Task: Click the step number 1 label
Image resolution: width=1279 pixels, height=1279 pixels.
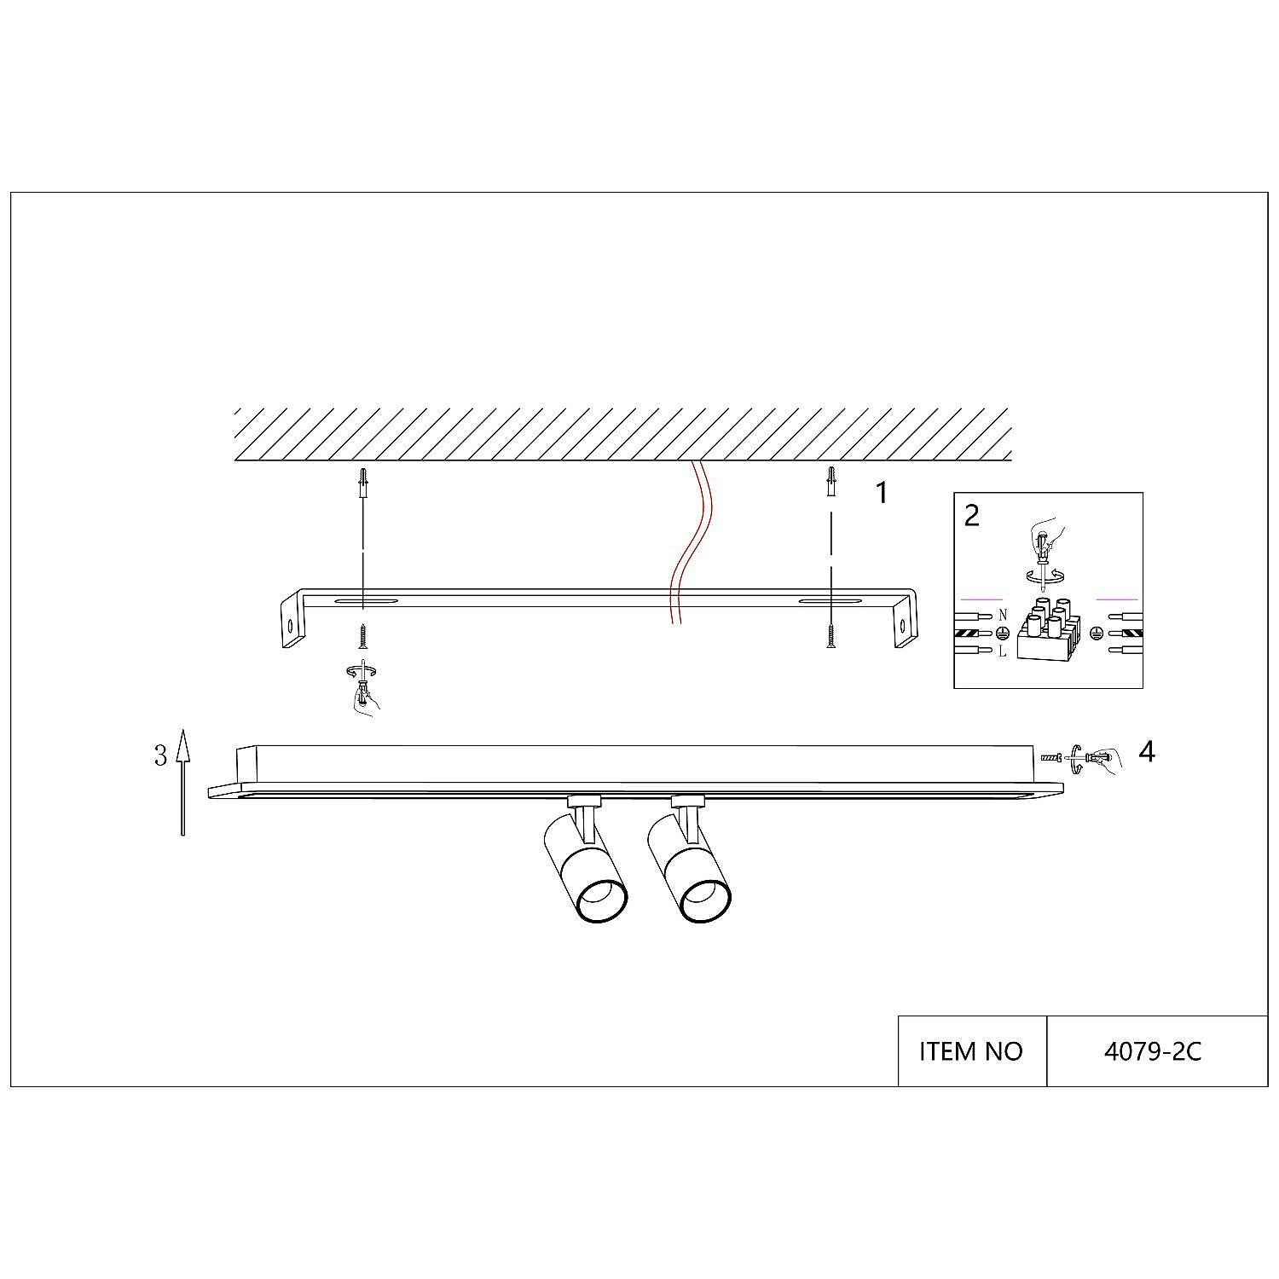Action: pyautogui.click(x=883, y=492)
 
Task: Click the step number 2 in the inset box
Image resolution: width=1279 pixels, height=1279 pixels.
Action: pyautogui.click(x=972, y=515)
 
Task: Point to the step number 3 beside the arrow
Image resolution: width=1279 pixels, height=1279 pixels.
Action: pyautogui.click(x=160, y=755)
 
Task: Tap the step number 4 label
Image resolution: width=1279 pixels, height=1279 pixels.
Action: pyautogui.click(x=1147, y=751)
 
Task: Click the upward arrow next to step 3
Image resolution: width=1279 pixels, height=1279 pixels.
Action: pyautogui.click(x=182, y=782)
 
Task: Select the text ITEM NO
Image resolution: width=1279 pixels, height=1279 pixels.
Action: pyautogui.click(x=970, y=1051)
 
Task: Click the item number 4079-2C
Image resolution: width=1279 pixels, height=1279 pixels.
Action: pyautogui.click(x=1153, y=1051)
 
